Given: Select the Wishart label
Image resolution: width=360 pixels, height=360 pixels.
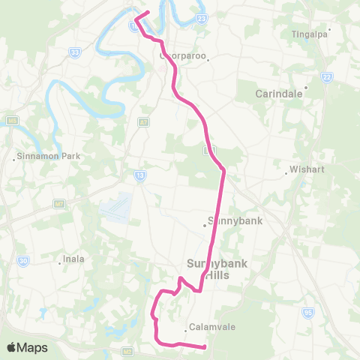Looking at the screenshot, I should tap(309, 169).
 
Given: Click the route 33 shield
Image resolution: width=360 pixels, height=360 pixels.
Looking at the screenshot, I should tap(76, 52).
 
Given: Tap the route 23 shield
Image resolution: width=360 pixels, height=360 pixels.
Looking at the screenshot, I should tap(202, 19).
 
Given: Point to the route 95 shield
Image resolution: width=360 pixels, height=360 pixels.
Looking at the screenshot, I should tap(307, 311).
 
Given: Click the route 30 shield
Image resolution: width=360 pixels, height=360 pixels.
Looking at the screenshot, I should tap(23, 260).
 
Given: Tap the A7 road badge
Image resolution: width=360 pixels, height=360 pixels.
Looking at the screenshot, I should tap(142, 121).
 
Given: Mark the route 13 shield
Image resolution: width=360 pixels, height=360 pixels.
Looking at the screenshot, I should tap(140, 175).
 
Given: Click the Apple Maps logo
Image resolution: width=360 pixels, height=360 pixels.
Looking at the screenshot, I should tap(26, 347).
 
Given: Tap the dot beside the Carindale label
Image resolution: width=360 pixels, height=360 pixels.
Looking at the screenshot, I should tap(306, 87).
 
